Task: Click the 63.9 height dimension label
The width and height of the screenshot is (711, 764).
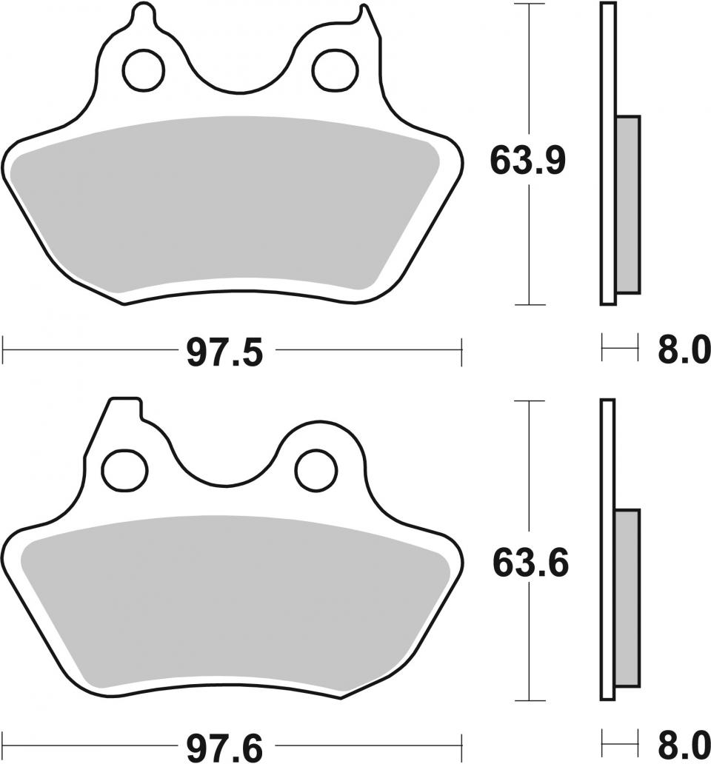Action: coord(528,161)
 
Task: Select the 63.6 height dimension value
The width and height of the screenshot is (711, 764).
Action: coord(531,563)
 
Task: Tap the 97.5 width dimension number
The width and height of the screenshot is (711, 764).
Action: coord(224,352)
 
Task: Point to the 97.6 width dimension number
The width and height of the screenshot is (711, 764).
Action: coord(224,748)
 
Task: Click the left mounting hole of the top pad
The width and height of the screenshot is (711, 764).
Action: coord(144,70)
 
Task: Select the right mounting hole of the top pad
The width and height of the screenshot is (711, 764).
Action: coord(335,70)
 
